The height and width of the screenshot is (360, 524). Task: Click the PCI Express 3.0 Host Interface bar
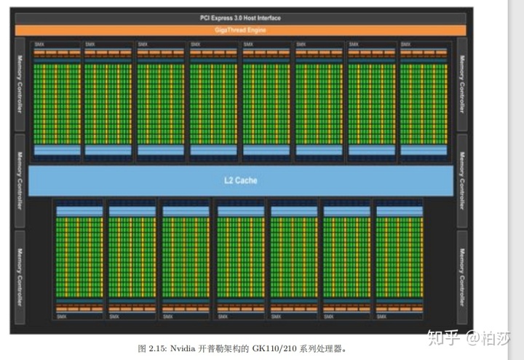click(x=240, y=18)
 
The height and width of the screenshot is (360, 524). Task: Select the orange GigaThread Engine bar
click(x=240, y=30)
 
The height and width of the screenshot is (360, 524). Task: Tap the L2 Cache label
click(x=240, y=180)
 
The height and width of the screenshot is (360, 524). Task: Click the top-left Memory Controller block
click(x=20, y=84)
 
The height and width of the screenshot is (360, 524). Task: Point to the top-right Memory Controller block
click(x=462, y=84)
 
